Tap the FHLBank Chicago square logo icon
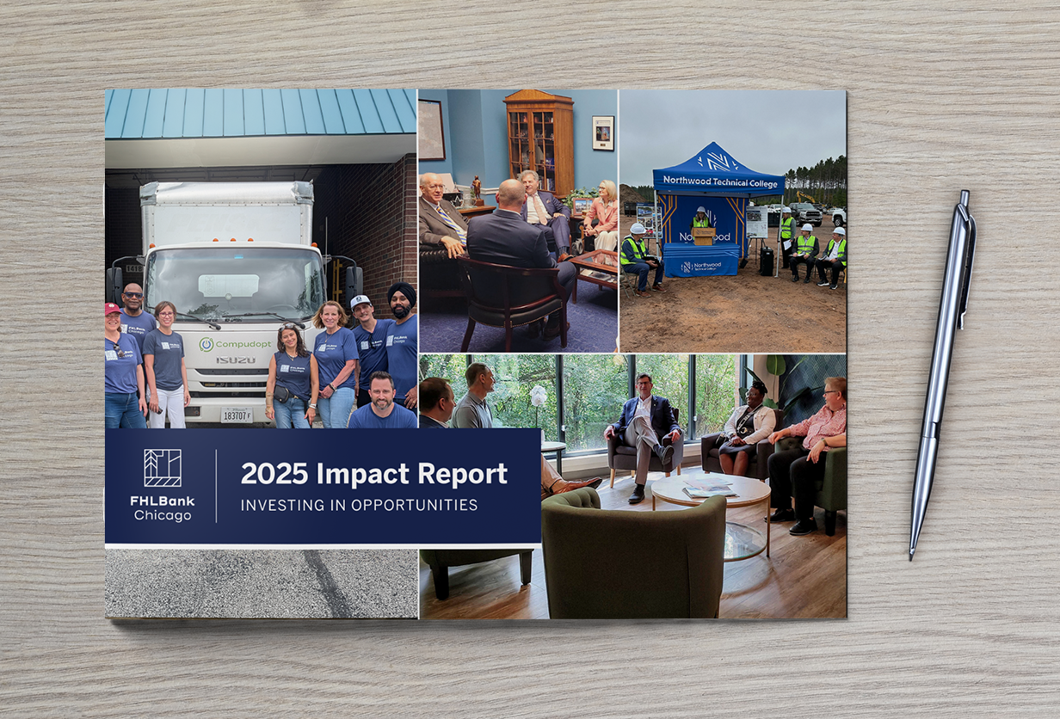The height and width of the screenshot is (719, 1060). (x=163, y=468)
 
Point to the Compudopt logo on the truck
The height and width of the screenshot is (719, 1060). (x=235, y=344)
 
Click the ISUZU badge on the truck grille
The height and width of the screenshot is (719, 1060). (x=235, y=360)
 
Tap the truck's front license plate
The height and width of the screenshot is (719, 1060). (x=237, y=415)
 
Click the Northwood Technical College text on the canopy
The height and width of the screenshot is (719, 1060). (x=717, y=181)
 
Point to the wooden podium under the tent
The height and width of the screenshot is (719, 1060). (x=703, y=235)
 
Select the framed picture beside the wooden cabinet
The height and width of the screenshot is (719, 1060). (x=602, y=132)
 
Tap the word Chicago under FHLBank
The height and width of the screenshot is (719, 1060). (x=163, y=515)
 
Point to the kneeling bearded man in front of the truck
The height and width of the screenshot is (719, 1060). (x=382, y=402)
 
